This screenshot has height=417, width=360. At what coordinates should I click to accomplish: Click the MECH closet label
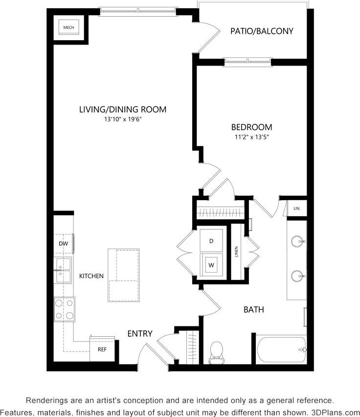(69, 28)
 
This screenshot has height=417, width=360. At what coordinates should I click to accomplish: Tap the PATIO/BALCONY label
(262, 31)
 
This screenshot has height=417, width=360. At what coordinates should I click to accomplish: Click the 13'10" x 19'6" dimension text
(123, 119)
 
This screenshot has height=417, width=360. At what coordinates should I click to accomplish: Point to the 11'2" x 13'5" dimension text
(251, 137)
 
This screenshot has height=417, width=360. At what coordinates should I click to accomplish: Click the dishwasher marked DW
(63, 243)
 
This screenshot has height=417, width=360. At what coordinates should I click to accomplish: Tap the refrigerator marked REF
(102, 349)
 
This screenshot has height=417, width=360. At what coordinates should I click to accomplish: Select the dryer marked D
(211, 241)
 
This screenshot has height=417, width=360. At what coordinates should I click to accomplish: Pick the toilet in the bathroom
(216, 353)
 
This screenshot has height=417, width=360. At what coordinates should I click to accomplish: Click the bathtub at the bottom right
(281, 350)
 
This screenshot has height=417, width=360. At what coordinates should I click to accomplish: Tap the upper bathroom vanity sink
(297, 241)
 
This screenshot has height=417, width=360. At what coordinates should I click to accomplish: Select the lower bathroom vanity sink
(297, 277)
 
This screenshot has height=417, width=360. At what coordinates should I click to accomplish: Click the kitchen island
(125, 275)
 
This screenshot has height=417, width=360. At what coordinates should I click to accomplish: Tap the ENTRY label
(140, 334)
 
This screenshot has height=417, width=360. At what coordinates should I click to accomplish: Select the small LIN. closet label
(296, 208)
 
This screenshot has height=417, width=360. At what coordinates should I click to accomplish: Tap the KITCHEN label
(91, 276)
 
